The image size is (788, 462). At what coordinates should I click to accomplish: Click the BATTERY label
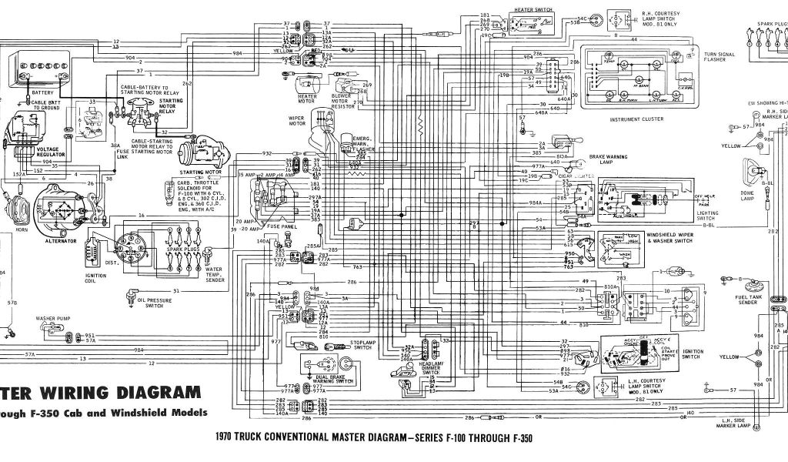[43, 92]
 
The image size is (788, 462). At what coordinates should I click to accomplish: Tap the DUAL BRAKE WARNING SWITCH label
[334, 378]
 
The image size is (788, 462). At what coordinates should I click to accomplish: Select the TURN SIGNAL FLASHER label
[720, 59]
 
